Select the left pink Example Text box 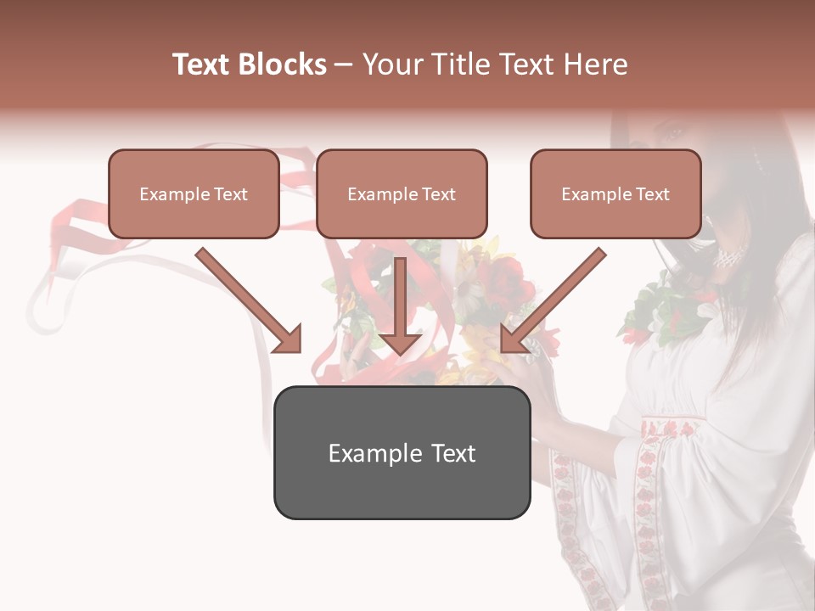[x=194, y=193]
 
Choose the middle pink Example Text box [x=402, y=193]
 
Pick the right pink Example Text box [x=615, y=193]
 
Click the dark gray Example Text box [x=402, y=452]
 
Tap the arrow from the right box [x=553, y=300]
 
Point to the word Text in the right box [x=653, y=194]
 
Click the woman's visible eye [x=673, y=133]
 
